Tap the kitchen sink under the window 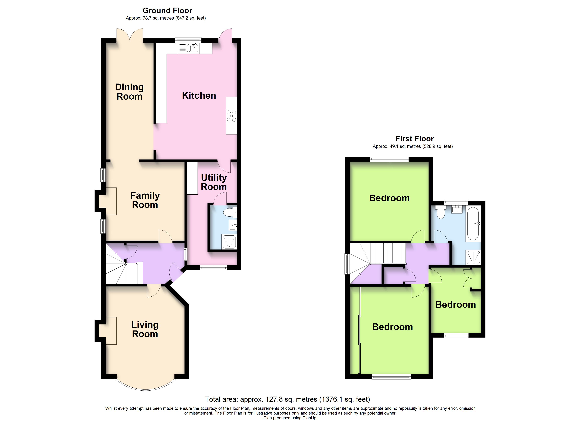pos(194,48)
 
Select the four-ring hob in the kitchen pos(231,116)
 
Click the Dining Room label pos(129,92)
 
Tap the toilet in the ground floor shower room pos(229,212)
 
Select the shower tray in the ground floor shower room pos(229,242)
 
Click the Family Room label pos(145,200)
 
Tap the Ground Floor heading pos(167,11)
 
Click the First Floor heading pos(414,139)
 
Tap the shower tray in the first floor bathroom pos(473,258)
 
